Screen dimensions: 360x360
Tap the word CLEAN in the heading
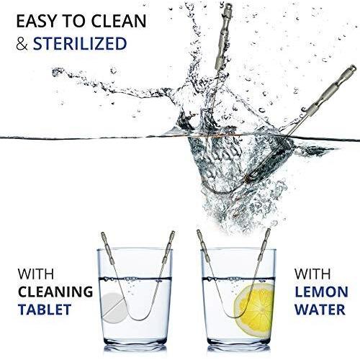[119, 21]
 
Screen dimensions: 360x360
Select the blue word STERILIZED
[80, 43]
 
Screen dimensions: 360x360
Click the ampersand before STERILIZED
[22, 44]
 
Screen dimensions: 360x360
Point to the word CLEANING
[55, 292]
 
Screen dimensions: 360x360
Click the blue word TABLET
[45, 310]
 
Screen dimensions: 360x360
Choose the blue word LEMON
[321, 292]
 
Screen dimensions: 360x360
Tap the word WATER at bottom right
[320, 310]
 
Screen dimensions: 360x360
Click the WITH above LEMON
[312, 274]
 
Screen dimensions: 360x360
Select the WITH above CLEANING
[36, 274]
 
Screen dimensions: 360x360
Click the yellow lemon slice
[254, 310]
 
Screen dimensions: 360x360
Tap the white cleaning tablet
[114, 307]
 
